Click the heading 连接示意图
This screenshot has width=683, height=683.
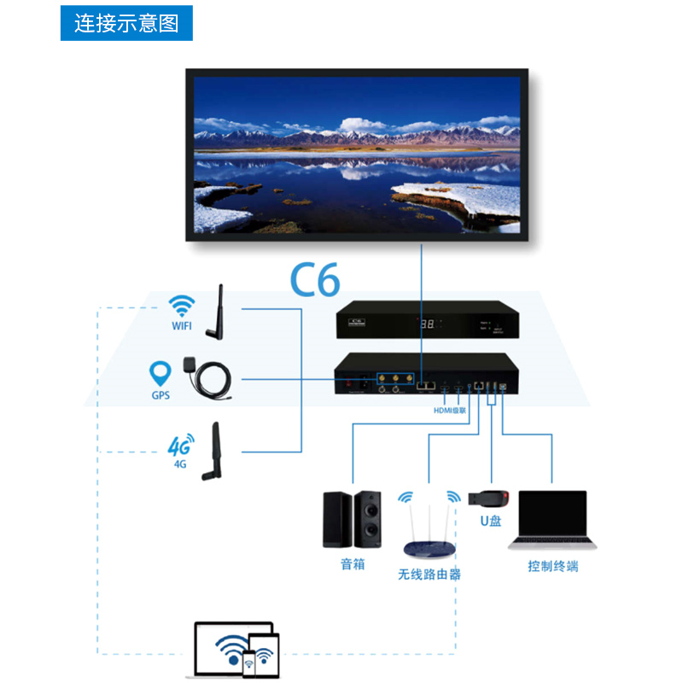click(x=126, y=23)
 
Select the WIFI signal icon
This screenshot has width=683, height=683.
click(x=181, y=306)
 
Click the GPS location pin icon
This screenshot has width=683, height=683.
click(x=160, y=373)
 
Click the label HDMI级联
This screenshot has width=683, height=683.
click(x=451, y=411)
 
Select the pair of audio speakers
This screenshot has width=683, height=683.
click(x=352, y=518)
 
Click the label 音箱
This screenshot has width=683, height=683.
click(x=352, y=564)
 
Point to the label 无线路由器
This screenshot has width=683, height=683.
click(x=429, y=575)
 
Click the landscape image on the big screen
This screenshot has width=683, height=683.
click(x=356, y=155)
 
